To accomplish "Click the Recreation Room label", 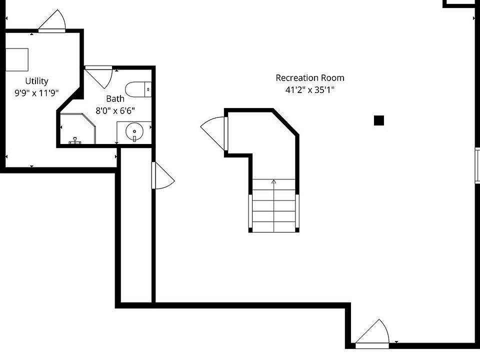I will click(x=310, y=78).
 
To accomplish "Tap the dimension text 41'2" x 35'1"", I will click(x=310, y=90).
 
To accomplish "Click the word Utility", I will click(x=37, y=81).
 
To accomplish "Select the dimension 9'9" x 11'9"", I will click(x=37, y=92).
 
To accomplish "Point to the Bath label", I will click(x=115, y=99).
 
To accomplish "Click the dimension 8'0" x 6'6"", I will click(x=115, y=110).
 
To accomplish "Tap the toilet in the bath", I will click(x=137, y=89).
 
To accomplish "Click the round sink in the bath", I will click(x=134, y=132).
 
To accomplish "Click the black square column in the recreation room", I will click(x=379, y=120).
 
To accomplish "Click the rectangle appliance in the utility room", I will click(x=17, y=59).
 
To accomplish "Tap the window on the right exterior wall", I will click(x=477, y=165).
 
